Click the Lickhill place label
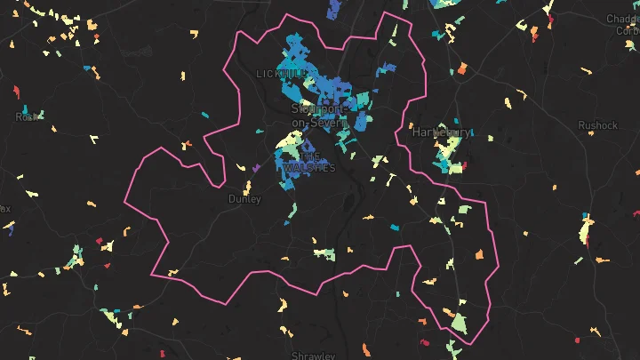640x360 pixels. coord(272,73)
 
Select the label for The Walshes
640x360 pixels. coord(310,162)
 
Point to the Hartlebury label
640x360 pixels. coord(441,132)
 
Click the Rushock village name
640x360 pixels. coord(597,125)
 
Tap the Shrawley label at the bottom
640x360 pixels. coord(314,356)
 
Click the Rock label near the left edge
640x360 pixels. coord(27,116)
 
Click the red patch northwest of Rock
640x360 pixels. coord(16,90)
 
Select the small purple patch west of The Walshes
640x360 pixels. coord(256,166)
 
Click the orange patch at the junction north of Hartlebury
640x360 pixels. coord(462,68)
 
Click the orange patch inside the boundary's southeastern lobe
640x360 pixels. coord(478,254)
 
